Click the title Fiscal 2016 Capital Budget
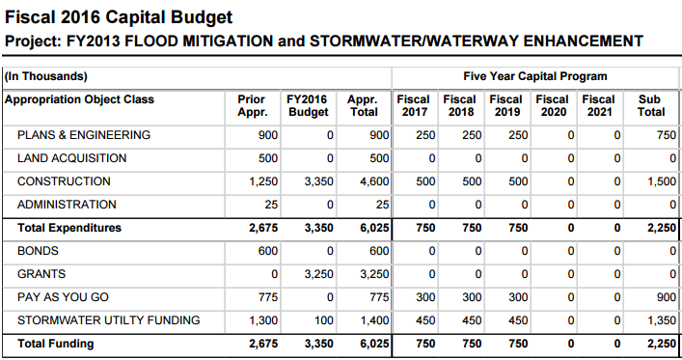point(119,18)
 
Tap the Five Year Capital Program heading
point(535,76)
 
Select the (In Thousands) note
point(46,76)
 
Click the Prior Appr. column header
point(252,106)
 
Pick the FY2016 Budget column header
point(308,106)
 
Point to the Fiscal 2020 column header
point(553,106)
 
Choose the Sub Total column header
point(651,106)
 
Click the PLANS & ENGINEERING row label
point(84,135)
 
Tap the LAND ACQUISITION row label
point(71,158)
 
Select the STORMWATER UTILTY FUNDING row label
point(109,320)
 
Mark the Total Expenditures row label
point(69,228)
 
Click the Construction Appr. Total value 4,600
point(374,181)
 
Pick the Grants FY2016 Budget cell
point(319,274)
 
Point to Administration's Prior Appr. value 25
point(271,205)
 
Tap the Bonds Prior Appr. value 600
point(268,251)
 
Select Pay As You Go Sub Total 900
point(667,297)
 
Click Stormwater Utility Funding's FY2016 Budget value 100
point(324,320)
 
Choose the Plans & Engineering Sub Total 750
point(667,135)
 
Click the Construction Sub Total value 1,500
point(662,181)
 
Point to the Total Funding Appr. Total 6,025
point(374,344)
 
